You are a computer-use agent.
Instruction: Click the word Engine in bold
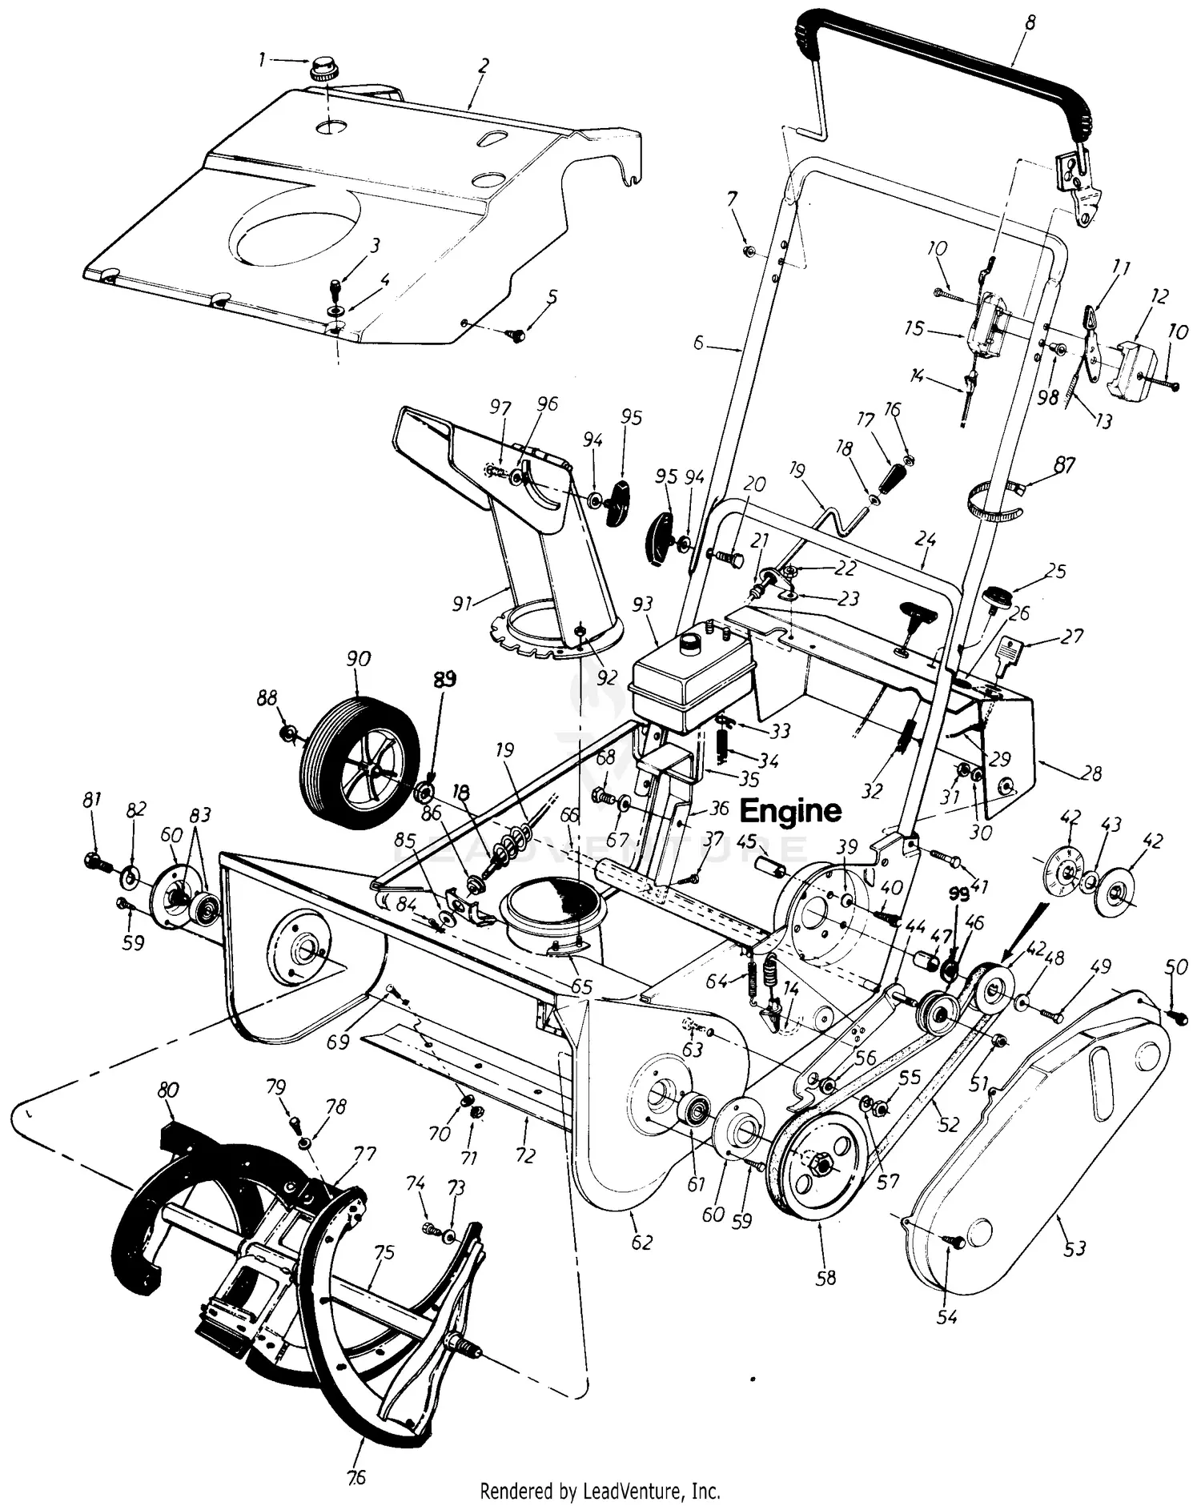tap(790, 811)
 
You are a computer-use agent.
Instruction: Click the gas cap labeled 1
tap(325, 69)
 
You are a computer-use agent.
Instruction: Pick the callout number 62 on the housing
tap(642, 1243)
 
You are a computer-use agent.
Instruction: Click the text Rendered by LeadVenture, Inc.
tap(600, 1492)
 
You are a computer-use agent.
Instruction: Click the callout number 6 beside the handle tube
tap(698, 343)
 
